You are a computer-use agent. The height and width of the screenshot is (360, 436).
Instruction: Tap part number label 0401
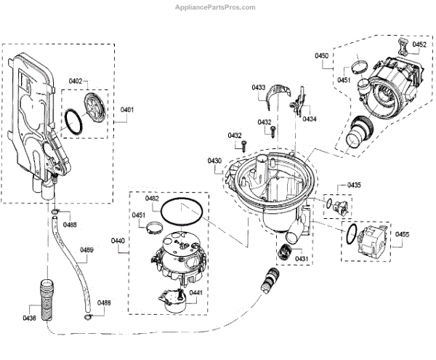[127, 110]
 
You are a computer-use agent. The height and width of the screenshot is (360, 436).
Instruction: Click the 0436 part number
[28, 319]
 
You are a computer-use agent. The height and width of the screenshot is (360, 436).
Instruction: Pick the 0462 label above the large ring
[152, 199]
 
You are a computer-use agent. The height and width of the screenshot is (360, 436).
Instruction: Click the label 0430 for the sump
[214, 161]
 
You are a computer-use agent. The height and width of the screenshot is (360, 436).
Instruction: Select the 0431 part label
[301, 259]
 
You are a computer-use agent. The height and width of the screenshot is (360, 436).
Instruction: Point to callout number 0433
[259, 87]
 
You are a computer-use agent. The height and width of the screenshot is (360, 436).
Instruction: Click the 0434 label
[310, 119]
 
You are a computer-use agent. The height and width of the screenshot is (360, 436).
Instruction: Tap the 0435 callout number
[354, 185]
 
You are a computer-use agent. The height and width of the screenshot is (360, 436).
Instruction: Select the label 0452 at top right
[419, 45]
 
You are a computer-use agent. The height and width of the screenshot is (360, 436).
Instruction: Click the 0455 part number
[402, 233]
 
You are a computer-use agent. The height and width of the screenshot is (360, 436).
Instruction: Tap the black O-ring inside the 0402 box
[74, 121]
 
